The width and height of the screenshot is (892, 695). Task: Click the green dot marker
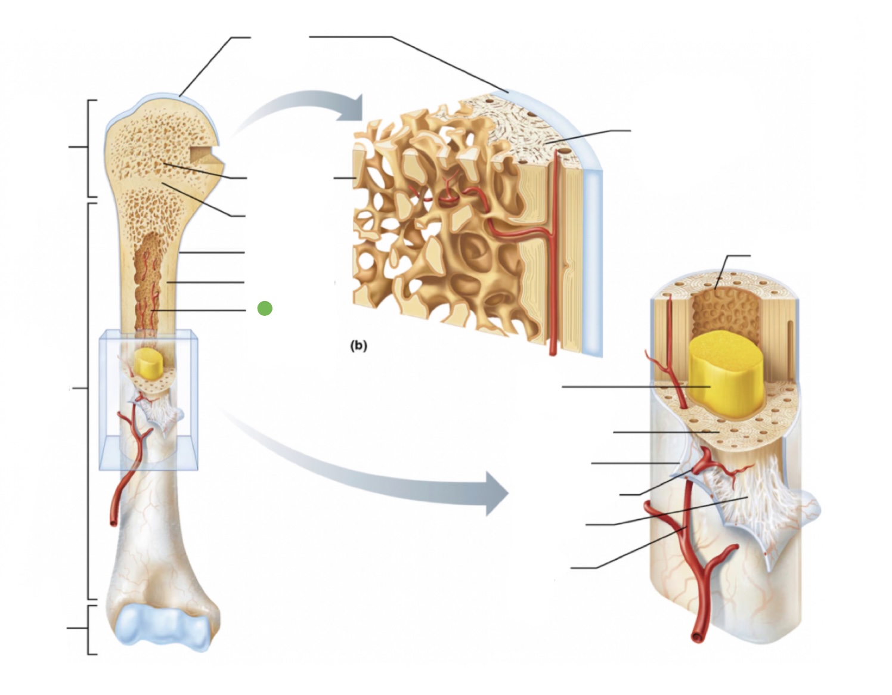pos(265,309)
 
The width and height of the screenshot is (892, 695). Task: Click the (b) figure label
pos(358,345)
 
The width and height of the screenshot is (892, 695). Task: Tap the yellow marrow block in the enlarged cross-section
pos(723,374)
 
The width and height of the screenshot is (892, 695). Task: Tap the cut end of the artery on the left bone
pos(113,522)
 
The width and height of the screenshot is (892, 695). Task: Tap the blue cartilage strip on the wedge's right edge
pos(594,262)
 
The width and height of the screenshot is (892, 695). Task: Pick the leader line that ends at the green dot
pos(200,310)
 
